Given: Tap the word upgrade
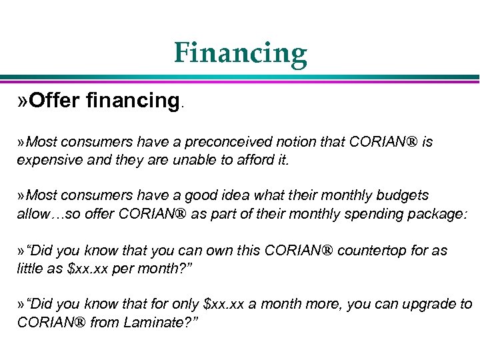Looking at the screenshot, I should coord(425,305).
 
